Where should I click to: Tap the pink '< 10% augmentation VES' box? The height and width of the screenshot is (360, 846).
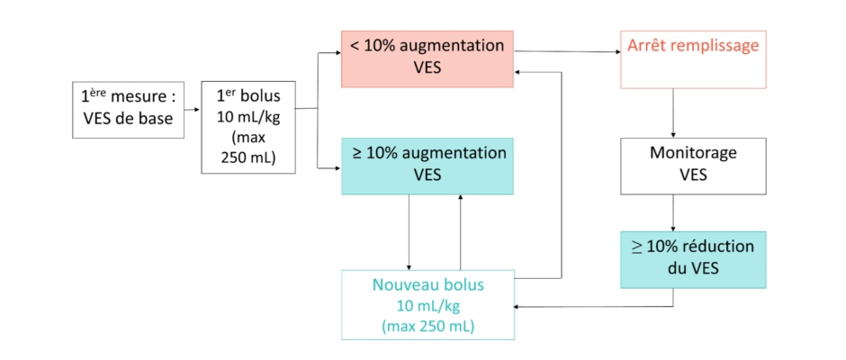coord(427,58)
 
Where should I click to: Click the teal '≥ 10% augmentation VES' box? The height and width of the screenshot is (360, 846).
coord(427,166)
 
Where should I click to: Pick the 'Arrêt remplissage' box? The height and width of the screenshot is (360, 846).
coord(692,59)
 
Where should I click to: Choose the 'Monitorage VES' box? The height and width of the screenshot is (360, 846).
coord(692,166)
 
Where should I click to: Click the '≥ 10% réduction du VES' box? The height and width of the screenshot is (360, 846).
coord(692,259)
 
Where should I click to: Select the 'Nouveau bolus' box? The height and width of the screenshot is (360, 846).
coord(427,305)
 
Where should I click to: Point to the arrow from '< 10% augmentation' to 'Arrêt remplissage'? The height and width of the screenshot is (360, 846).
coord(567,52)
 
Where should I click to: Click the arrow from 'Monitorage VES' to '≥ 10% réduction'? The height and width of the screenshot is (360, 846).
coord(673,212)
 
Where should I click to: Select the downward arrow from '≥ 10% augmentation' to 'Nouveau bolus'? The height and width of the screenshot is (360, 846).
coord(409,231)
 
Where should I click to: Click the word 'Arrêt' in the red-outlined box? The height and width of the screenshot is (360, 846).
coord(645,46)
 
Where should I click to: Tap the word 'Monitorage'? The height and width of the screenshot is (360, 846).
coord(692,153)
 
